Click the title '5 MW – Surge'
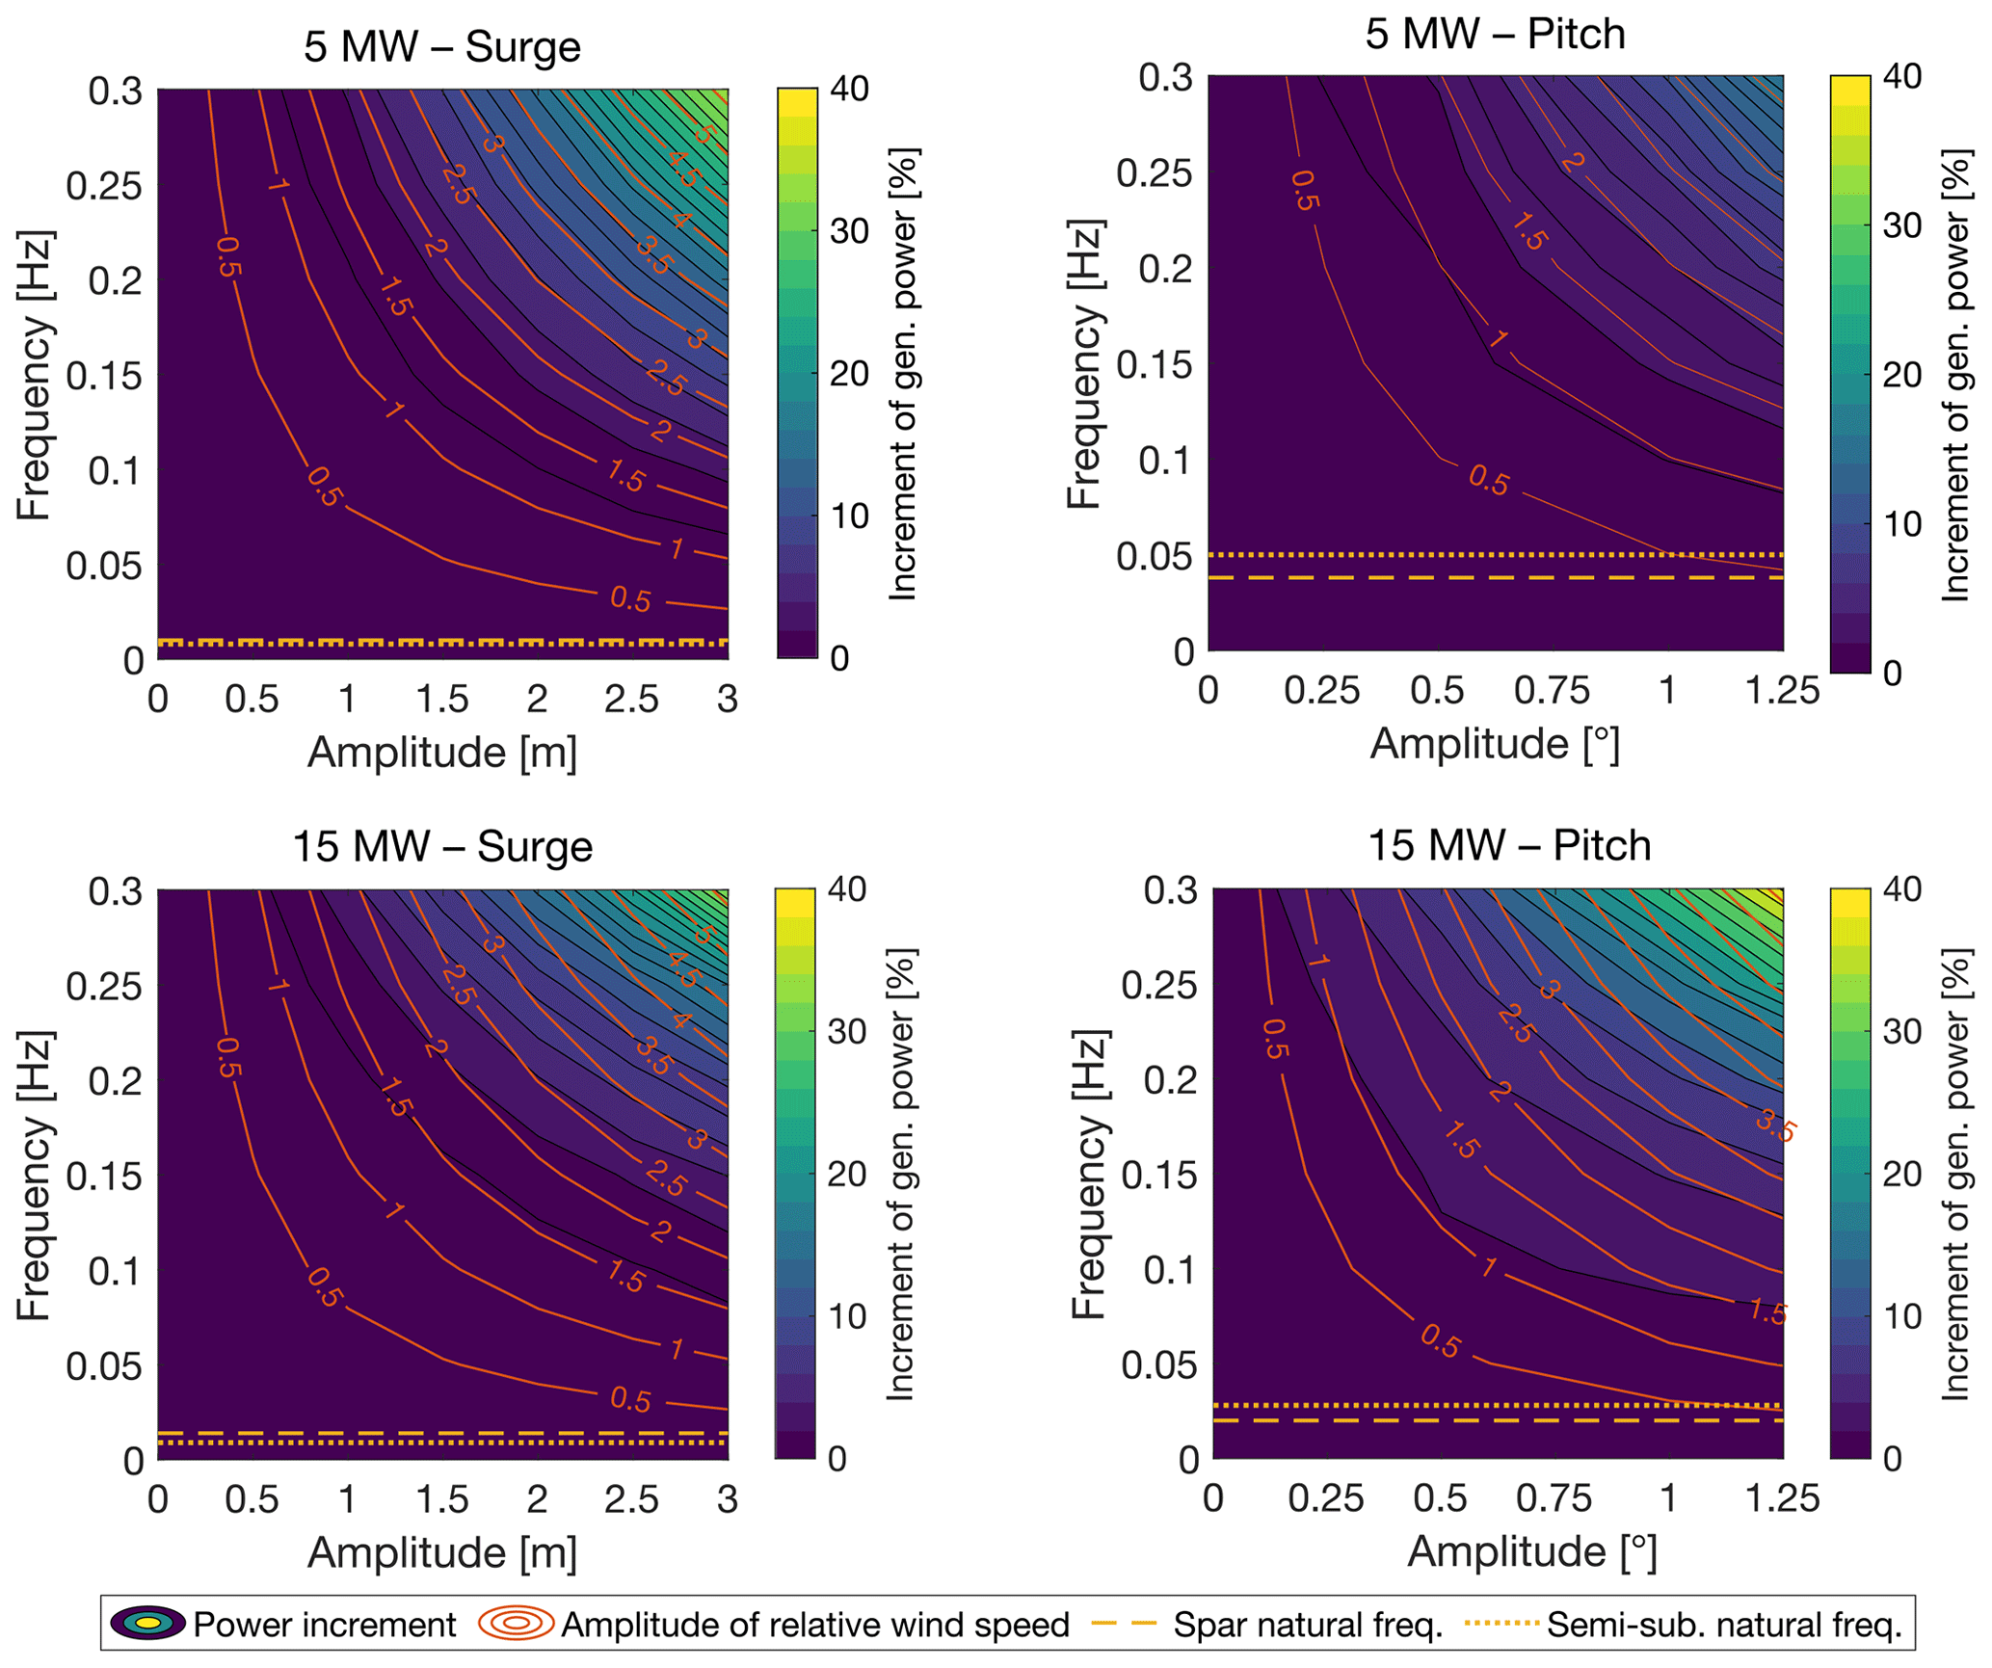coord(442,47)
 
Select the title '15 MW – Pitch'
coord(1509,845)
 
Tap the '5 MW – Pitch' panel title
coord(1495,35)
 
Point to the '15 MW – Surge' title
coord(442,847)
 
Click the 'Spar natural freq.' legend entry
coord(1308,1625)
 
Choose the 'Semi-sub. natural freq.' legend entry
coord(1724,1625)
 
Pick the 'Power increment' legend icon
coord(147,1624)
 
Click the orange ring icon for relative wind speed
coord(517,1624)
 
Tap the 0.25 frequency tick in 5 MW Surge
coord(103,185)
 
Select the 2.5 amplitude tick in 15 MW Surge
coord(631,1499)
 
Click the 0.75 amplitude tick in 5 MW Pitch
coord(1552,691)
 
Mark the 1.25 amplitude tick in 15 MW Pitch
coord(1783,1498)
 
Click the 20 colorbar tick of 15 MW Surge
coord(848,1174)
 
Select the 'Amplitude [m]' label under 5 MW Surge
coord(442,753)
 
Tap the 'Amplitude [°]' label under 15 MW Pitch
coord(1531,1552)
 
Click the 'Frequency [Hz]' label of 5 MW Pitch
coord(1086,364)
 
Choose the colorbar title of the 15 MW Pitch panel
coord(1955,1174)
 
